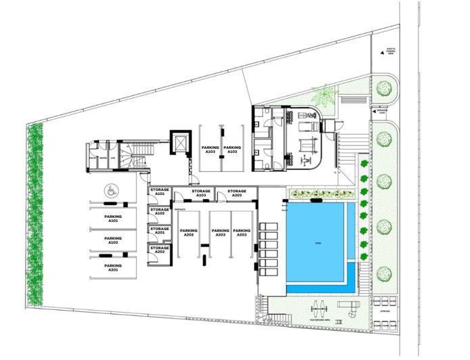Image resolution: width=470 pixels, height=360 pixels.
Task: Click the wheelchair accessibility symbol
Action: [x=110, y=192]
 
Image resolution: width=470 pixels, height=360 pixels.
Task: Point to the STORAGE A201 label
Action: [x=160, y=230]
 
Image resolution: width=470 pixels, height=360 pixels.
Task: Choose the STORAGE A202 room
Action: [x=160, y=249]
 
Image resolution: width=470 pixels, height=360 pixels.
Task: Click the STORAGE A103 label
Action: [x=201, y=194]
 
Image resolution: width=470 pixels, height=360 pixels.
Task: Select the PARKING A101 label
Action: [x=112, y=219]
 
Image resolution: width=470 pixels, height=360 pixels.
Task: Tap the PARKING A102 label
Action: [x=112, y=240]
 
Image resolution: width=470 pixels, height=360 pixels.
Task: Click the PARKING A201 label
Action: [x=112, y=267]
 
